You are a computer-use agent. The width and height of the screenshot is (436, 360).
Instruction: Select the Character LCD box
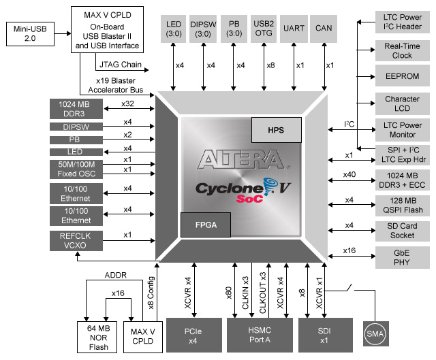(x=402, y=104)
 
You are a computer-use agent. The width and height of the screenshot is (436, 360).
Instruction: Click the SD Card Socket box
(x=402, y=231)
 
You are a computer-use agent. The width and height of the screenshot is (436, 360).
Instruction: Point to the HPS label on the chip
(x=275, y=128)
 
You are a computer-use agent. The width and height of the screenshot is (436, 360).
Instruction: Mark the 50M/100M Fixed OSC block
(x=76, y=168)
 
